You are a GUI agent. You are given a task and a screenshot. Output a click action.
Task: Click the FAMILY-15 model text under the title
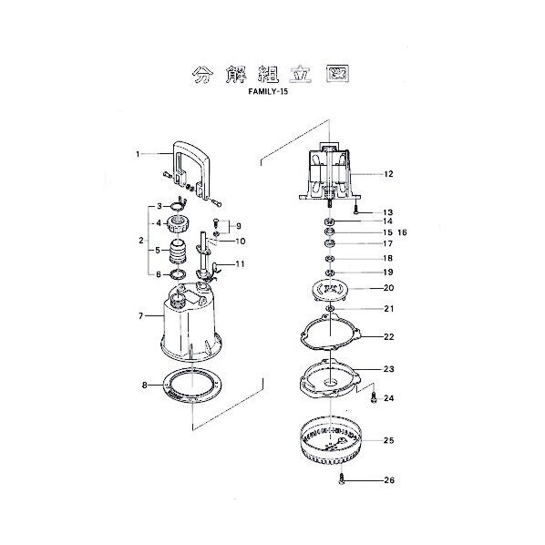pyautogui.click(x=272, y=92)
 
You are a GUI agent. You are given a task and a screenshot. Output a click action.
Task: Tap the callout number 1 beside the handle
pyautogui.click(x=139, y=154)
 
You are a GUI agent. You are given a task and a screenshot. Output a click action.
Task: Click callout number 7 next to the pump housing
pyautogui.click(x=141, y=315)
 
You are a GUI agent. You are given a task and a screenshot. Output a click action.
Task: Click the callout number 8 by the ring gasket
pyautogui.click(x=144, y=385)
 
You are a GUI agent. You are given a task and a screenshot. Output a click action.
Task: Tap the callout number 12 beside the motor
pyautogui.click(x=387, y=173)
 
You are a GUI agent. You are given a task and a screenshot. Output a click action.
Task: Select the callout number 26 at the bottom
pyautogui.click(x=389, y=480)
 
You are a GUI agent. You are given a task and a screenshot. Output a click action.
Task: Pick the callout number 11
pyautogui.click(x=241, y=264)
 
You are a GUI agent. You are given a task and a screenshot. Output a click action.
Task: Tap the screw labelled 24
pyautogui.click(x=372, y=396)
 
